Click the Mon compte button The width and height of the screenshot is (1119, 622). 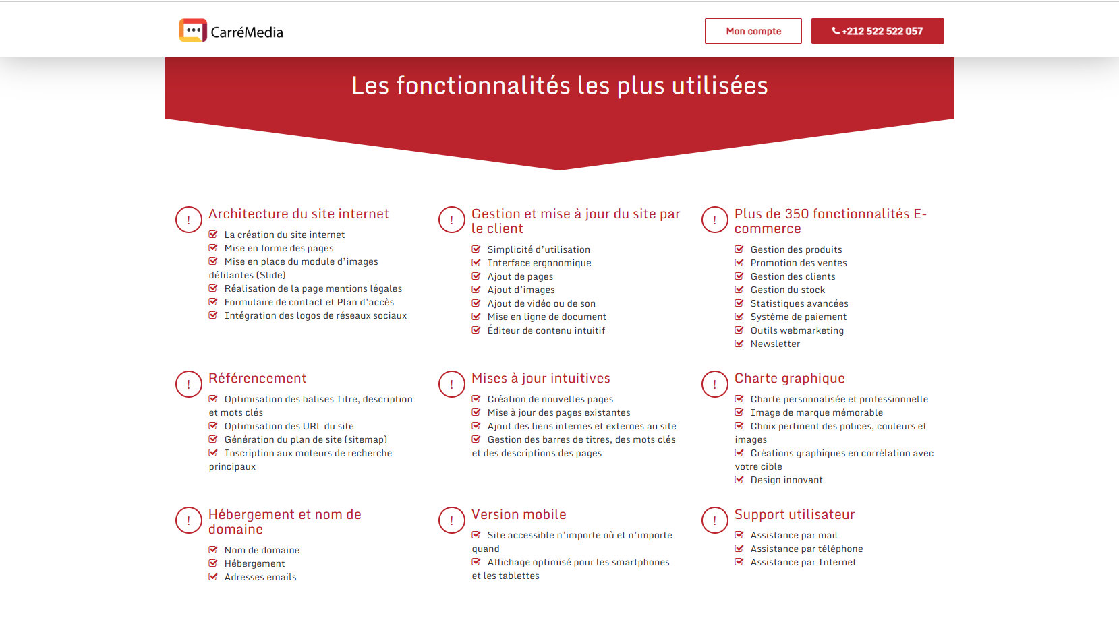tap(753, 31)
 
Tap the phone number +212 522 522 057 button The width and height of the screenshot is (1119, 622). tap(877, 31)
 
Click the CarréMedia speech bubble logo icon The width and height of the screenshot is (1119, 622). tap(193, 30)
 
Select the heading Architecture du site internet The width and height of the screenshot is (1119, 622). tap(298, 214)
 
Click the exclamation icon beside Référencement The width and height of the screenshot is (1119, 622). tap(189, 384)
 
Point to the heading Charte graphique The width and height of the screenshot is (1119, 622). tap(789, 378)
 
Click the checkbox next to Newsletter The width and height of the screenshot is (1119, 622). tap(739, 344)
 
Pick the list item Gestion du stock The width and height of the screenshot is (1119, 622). tap(787, 290)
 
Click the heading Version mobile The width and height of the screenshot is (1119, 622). tap(519, 514)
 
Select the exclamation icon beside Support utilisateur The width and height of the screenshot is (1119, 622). tap(715, 520)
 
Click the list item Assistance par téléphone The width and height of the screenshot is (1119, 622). tap(806, 549)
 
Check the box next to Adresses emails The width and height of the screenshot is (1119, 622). tap(213, 577)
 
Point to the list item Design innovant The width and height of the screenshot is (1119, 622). tap(786, 480)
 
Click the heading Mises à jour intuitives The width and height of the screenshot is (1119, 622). tap(540, 378)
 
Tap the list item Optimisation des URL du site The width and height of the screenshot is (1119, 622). tap(289, 426)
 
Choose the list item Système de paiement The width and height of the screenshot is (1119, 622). tap(798, 317)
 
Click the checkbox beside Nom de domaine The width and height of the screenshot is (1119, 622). tap(213, 550)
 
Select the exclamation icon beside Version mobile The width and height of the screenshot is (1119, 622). tap(452, 520)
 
